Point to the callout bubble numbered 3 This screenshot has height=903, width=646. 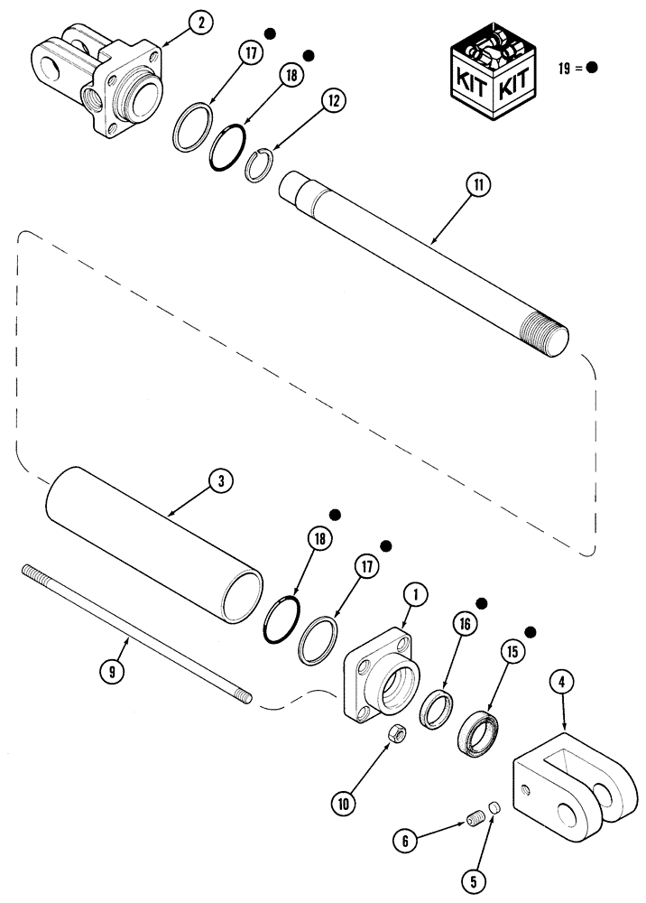click(x=219, y=481)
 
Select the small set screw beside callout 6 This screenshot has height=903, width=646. click(x=475, y=820)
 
